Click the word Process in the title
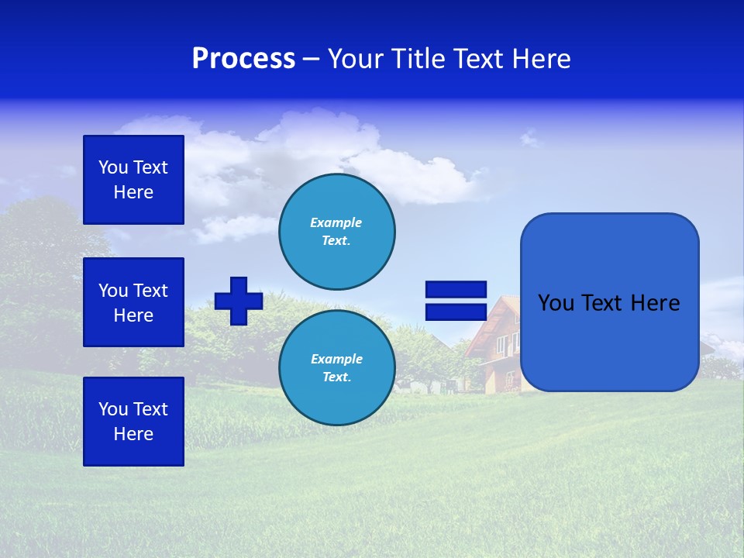pos(243,59)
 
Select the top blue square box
pos(133,180)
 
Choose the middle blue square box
pos(133,302)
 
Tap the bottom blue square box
pos(133,422)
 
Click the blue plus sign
pos(239,301)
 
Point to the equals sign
pos(456,301)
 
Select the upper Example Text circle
pos(337,232)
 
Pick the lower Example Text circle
pos(337,368)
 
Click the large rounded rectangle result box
pos(609,302)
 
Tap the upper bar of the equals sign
pos(456,289)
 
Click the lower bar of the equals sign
pos(456,312)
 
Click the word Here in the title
pos(542,59)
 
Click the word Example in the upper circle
pos(336,222)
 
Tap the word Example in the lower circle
pos(336,359)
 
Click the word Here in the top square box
pos(133,192)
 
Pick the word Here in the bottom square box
pos(133,434)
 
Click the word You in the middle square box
pos(113,291)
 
